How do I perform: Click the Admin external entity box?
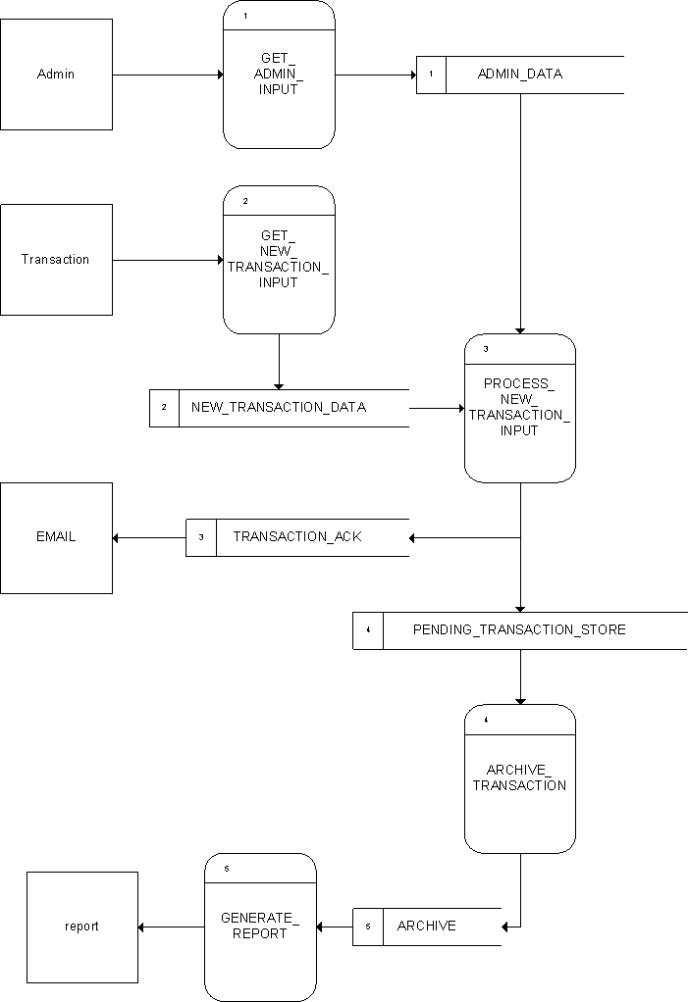[56, 75]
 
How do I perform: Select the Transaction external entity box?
[56, 260]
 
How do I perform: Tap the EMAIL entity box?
[56, 537]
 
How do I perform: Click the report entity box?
[81, 927]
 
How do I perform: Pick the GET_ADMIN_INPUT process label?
[279, 75]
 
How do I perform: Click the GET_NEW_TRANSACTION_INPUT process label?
[279, 260]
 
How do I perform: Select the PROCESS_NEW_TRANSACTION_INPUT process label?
[519, 407]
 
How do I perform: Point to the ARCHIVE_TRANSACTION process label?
[519, 777]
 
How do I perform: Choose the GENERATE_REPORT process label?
[260, 926]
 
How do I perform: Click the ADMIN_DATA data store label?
[520, 74]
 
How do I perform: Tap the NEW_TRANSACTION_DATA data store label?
[279, 407]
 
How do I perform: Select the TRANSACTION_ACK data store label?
[297, 537]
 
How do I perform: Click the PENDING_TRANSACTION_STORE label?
[519, 629]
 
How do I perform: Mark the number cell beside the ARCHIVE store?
[368, 927]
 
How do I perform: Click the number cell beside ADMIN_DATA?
[431, 75]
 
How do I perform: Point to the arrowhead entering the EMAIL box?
[118, 537]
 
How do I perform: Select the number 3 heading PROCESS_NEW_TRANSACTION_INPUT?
[486, 349]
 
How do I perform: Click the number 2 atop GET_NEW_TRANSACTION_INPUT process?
[245, 201]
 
